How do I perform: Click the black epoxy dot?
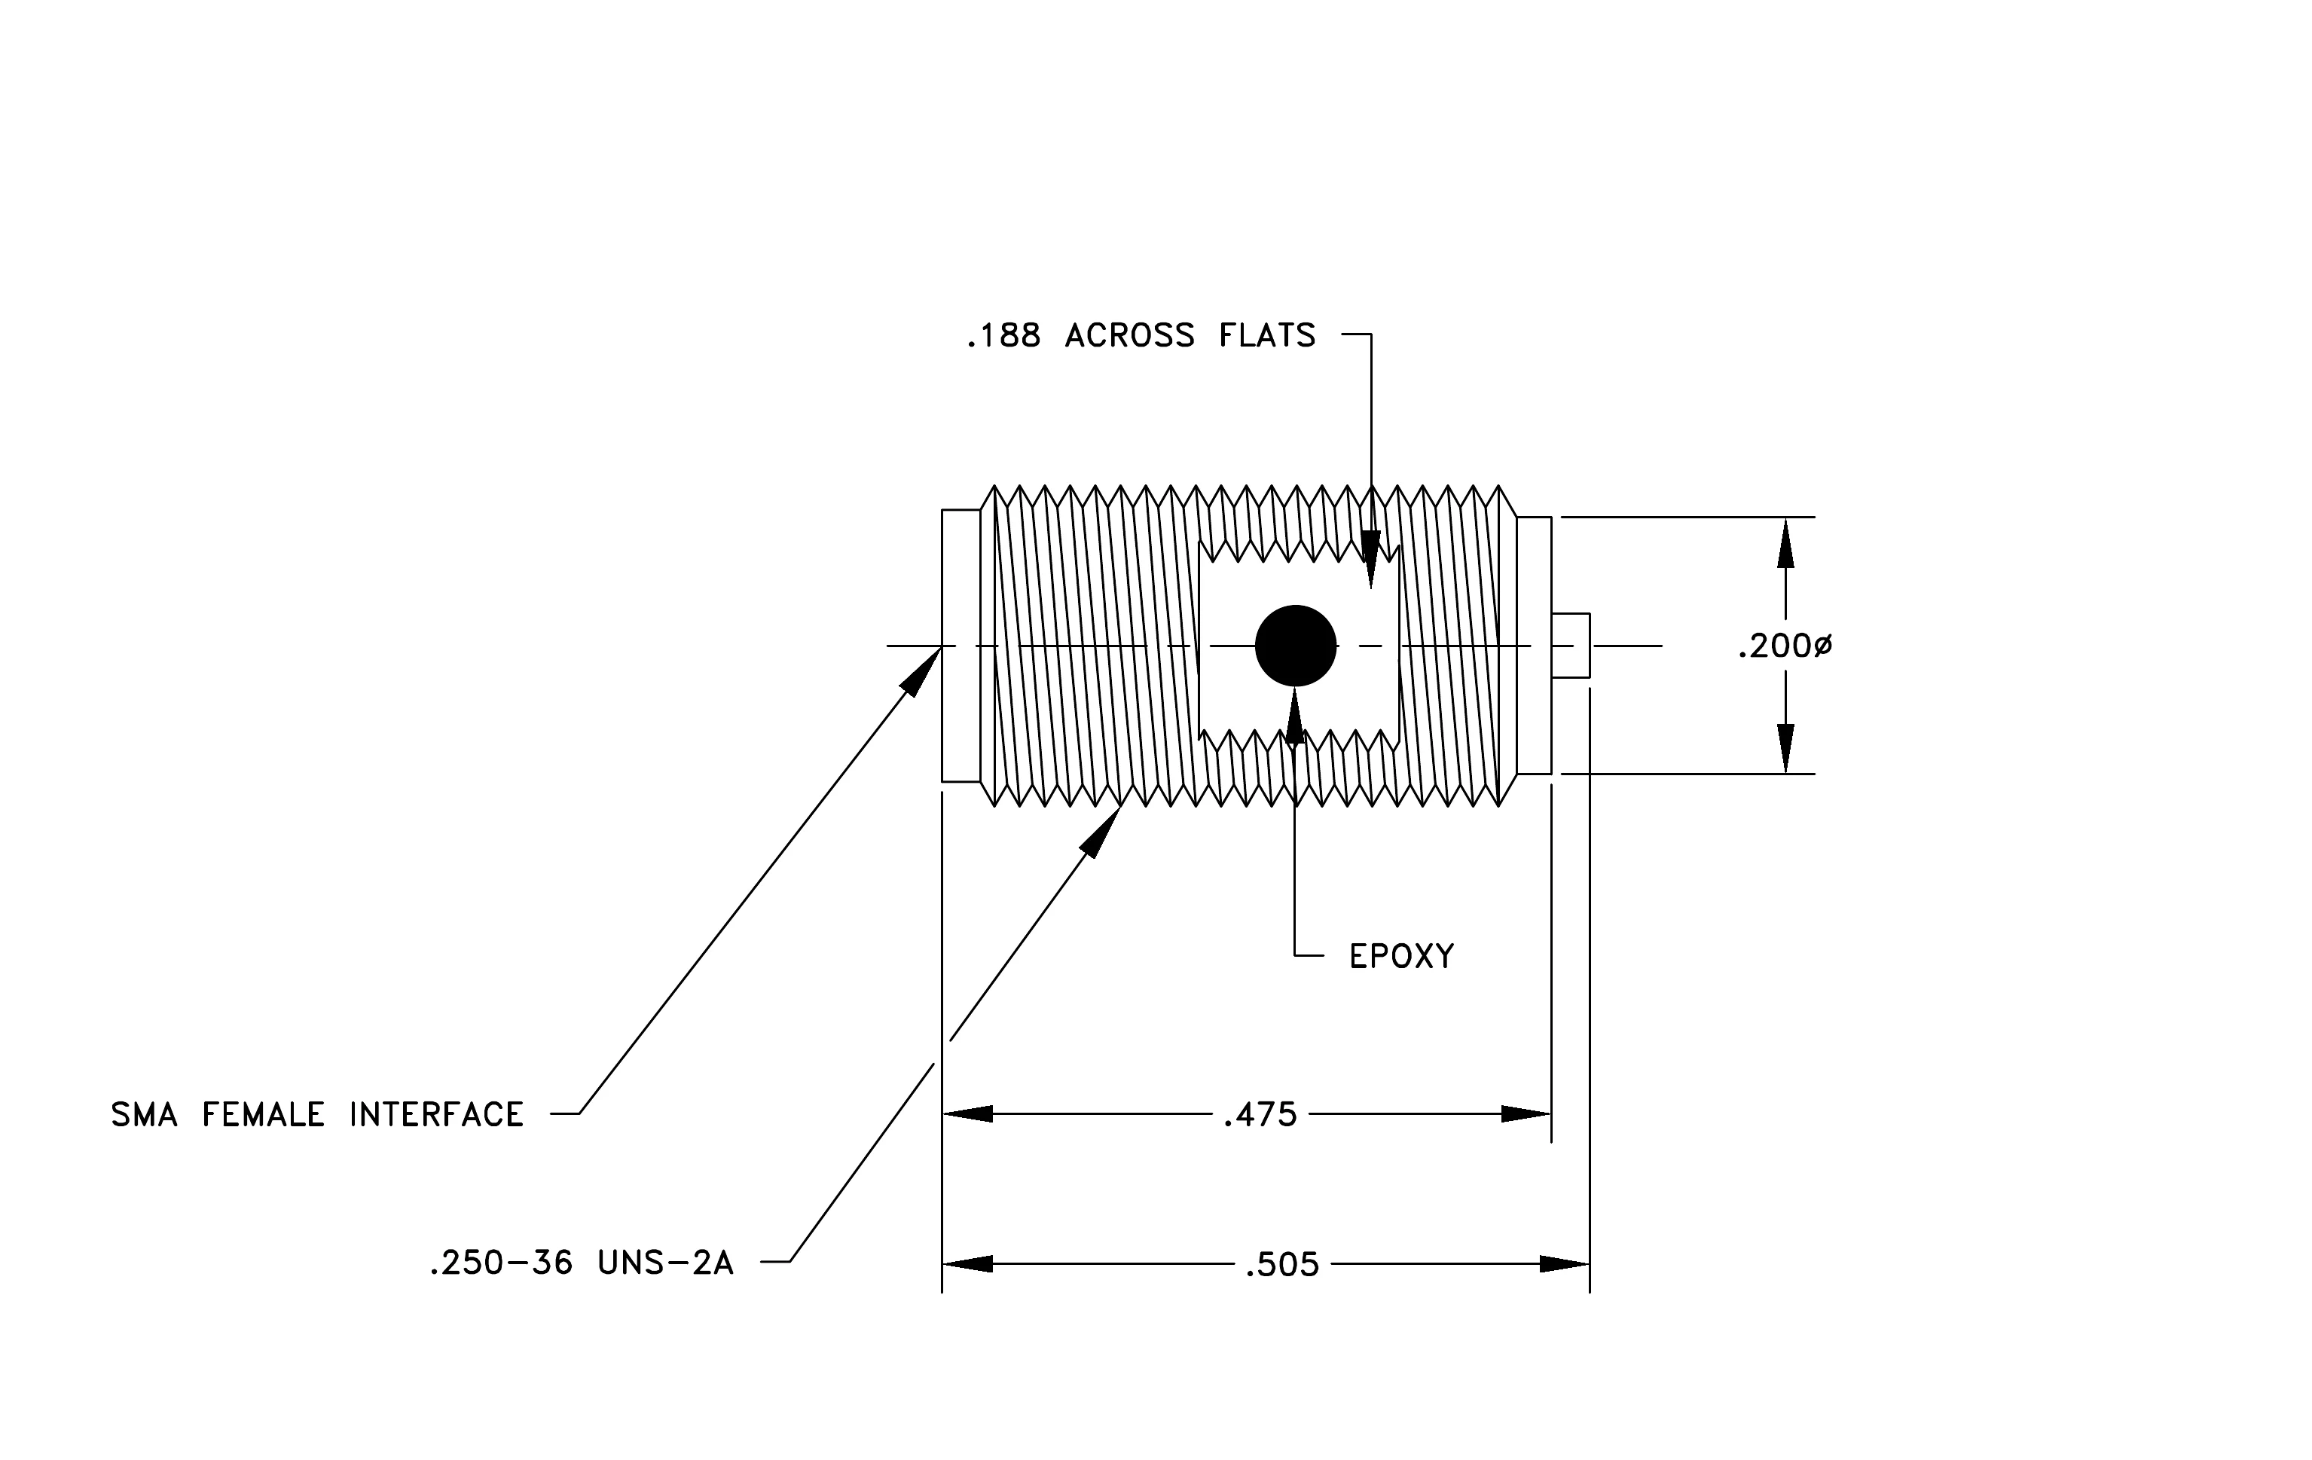(1295, 646)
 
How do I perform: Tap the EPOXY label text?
(1402, 956)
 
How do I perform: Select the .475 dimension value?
(1260, 1114)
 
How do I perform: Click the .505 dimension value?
(1281, 1265)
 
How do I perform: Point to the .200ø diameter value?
(1785, 647)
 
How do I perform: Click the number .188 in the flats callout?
(1003, 336)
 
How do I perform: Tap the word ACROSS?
(1129, 336)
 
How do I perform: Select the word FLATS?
(1266, 336)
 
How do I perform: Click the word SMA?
(144, 1114)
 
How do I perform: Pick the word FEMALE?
(263, 1114)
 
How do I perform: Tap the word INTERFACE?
(436, 1114)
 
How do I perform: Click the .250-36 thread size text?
(500, 1263)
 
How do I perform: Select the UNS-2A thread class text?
(665, 1263)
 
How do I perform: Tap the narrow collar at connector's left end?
(961, 646)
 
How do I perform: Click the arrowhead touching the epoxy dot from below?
(1295, 717)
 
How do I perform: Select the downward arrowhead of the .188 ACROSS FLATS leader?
(1371, 560)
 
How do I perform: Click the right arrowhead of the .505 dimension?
(1565, 1264)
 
